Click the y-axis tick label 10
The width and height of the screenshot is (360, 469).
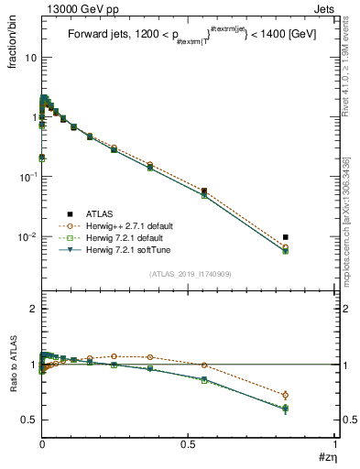pyautogui.click(x=30, y=57)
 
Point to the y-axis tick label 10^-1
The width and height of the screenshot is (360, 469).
pyautogui.click(x=28, y=177)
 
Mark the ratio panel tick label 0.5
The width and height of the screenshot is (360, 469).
pyautogui.click(x=27, y=420)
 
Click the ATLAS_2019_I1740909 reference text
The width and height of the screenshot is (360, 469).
pyautogui.click(x=189, y=274)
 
